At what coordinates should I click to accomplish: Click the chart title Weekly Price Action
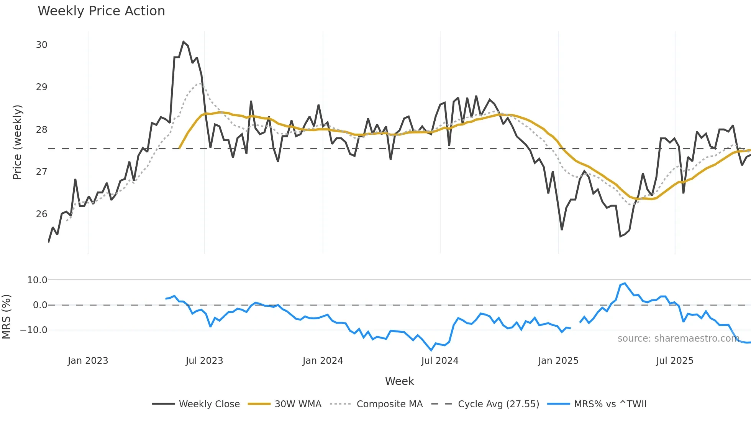point(101,11)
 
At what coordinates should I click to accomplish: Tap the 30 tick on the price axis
point(41,45)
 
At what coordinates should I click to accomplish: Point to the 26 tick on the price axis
point(41,214)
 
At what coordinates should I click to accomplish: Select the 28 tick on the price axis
point(41,130)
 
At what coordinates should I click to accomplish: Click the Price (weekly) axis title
point(17,142)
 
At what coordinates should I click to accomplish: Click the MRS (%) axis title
point(6,317)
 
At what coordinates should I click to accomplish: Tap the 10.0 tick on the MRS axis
point(37,280)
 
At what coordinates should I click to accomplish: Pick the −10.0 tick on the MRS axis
point(34,330)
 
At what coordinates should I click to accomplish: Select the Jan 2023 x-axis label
point(88,361)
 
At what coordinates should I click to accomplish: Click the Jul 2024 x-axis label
point(439,361)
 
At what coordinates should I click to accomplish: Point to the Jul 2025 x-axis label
point(674,361)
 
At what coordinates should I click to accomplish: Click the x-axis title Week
point(399,381)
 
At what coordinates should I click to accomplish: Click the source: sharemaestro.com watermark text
point(678,339)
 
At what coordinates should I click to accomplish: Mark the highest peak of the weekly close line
point(184,41)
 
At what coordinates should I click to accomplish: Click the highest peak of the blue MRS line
point(625,283)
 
